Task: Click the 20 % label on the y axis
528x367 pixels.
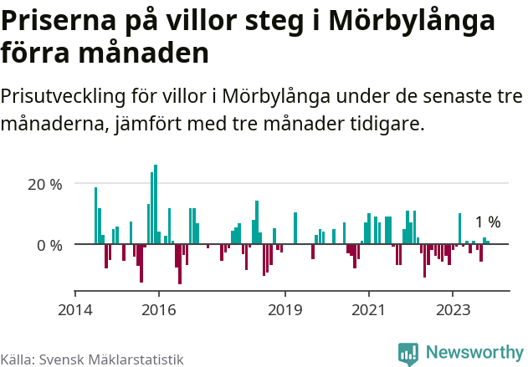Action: [x=44, y=184]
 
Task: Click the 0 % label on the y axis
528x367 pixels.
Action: [x=49, y=245]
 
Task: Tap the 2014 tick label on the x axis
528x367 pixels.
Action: [x=75, y=309]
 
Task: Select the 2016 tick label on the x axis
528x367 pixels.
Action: [x=159, y=309]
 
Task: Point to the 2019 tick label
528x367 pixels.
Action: [x=285, y=309]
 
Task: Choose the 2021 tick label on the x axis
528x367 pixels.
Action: [x=369, y=309]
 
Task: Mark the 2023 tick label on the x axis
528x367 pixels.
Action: [x=453, y=309]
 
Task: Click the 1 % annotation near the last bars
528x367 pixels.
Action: [x=487, y=222]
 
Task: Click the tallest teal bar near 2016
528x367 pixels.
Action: [x=156, y=204]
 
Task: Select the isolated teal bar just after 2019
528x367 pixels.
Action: [x=295, y=228]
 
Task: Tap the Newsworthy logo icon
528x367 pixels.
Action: [x=408, y=354]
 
